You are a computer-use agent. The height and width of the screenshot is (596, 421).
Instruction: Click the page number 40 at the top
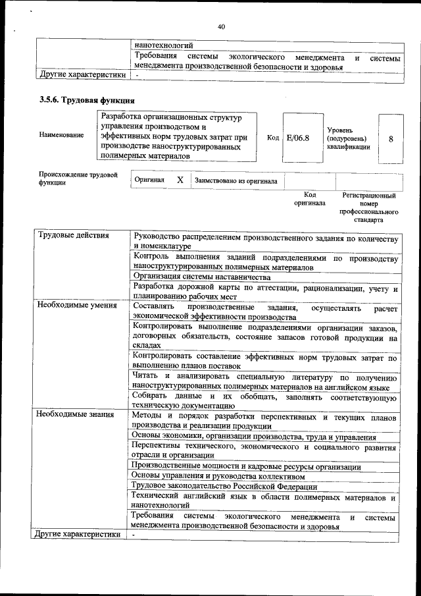[x=221, y=26]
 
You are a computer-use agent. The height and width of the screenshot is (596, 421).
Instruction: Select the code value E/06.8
[x=298, y=138]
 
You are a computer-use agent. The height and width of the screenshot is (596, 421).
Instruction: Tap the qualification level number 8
[x=391, y=140]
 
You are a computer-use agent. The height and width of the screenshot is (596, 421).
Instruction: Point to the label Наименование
[x=62, y=135]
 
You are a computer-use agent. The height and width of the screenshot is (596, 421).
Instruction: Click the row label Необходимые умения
[x=78, y=306]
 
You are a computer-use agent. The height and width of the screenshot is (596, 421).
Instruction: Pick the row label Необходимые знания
[x=76, y=415]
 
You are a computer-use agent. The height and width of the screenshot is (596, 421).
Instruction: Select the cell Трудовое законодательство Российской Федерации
[x=224, y=487]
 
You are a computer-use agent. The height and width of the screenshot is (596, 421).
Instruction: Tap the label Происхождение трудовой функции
[x=78, y=179]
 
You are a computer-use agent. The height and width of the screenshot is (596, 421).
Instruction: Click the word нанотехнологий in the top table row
[x=163, y=45]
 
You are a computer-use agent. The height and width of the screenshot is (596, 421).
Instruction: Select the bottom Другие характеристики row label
[x=79, y=534]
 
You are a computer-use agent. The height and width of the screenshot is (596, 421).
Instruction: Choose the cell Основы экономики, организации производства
[x=254, y=437]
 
